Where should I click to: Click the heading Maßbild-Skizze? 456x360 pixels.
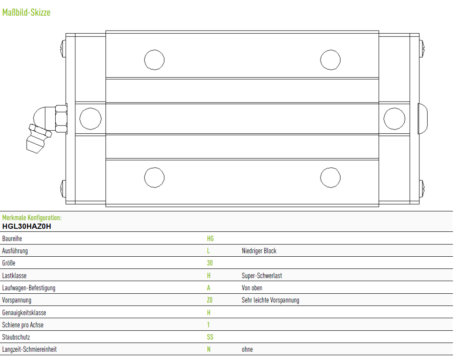pos(26,13)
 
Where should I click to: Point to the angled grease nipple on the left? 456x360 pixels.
pos(44,128)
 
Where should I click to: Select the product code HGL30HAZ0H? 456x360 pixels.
pos(27,226)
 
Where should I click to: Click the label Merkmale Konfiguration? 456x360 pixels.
pos(32,217)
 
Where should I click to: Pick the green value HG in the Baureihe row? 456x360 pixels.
pos(210,239)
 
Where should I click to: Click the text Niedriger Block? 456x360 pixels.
pos(259,251)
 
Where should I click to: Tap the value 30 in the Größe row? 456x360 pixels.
pos(209,263)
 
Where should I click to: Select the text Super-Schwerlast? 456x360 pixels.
pos(262,275)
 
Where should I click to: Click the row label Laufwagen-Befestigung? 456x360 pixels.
pos(28,288)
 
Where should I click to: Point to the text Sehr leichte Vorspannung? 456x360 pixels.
pos(270,300)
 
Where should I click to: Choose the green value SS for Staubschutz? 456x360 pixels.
pos(210,337)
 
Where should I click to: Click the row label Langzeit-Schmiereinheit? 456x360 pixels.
pos(29,349)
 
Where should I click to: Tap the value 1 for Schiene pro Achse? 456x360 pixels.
pos(208,325)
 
